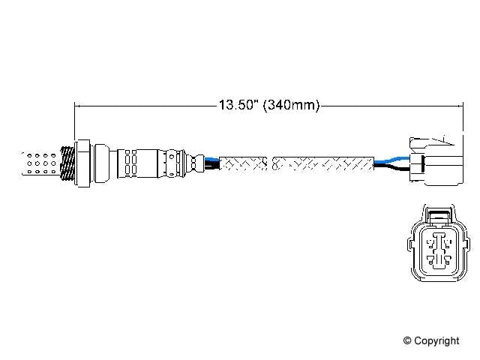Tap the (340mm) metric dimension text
[290, 106]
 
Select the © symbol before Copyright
[408, 341]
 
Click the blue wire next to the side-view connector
[389, 159]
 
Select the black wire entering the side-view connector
[391, 169]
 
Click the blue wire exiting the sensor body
[212, 158]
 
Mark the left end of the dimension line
[76, 106]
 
